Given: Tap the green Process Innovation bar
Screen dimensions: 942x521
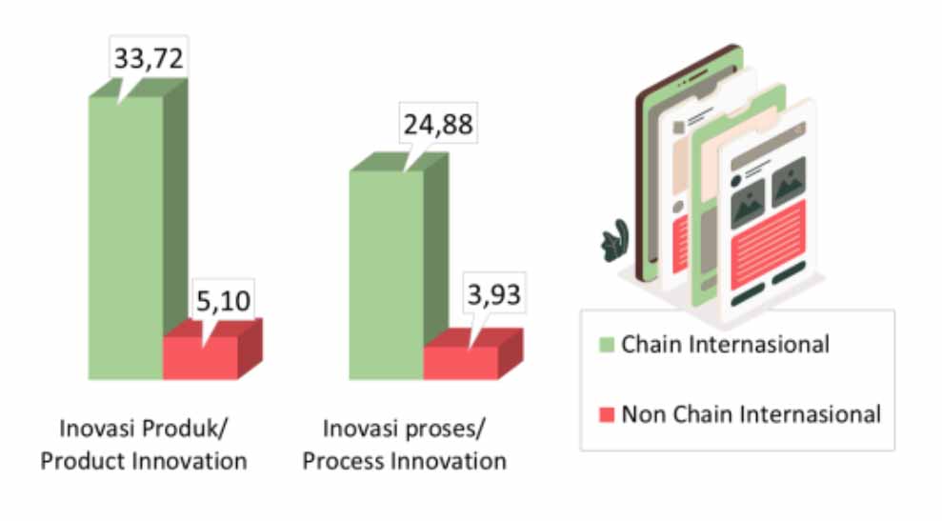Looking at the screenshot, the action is click(x=398, y=266).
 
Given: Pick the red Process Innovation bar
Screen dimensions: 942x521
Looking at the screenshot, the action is click(x=472, y=354).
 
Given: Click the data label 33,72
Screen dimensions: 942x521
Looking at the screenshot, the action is click(x=149, y=58).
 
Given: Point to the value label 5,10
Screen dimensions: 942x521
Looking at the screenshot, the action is click(x=224, y=300).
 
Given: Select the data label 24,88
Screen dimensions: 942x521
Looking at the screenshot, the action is click(x=438, y=125).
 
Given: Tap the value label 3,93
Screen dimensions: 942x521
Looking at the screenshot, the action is click(x=493, y=294).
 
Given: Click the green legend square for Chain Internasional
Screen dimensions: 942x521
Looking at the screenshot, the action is click(x=607, y=345).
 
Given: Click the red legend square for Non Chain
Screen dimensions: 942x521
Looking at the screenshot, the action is click(x=607, y=414).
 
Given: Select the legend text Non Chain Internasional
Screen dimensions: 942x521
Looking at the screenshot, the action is click(x=751, y=414).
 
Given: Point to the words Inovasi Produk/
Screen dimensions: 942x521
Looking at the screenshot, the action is click(x=144, y=429).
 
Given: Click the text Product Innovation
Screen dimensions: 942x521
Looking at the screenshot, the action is click(x=144, y=462).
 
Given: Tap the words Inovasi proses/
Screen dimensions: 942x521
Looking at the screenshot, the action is click(x=404, y=429).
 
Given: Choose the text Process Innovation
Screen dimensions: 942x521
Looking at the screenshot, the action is click(x=404, y=462).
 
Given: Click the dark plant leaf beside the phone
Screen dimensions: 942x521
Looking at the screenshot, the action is click(x=615, y=241).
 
